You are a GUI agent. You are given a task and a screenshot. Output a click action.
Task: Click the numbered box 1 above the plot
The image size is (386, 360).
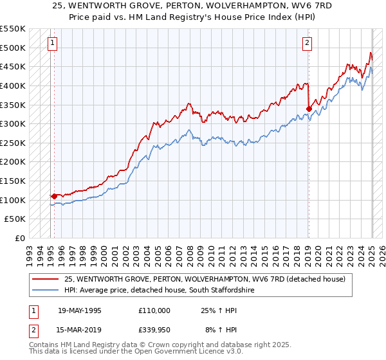click(x=51, y=44)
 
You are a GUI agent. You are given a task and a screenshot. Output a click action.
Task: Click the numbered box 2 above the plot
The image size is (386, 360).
click(x=307, y=44)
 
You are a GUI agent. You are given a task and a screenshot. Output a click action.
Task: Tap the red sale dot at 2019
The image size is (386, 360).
click(x=309, y=109)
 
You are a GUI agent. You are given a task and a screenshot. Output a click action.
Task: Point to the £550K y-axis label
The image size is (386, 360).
click(x=13, y=29)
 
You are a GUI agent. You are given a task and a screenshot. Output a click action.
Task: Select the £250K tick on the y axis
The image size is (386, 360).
click(x=13, y=143)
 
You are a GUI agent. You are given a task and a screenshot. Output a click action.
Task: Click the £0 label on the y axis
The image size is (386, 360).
click(x=19, y=238)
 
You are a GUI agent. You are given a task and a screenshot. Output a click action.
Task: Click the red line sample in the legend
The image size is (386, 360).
click(x=45, y=279)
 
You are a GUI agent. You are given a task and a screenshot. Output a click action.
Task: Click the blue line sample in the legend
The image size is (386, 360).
click(x=45, y=291)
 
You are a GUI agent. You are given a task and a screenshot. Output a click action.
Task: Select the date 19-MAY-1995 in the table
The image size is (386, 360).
click(x=79, y=310)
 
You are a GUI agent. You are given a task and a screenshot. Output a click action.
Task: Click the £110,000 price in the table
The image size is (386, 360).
click(x=154, y=310)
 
